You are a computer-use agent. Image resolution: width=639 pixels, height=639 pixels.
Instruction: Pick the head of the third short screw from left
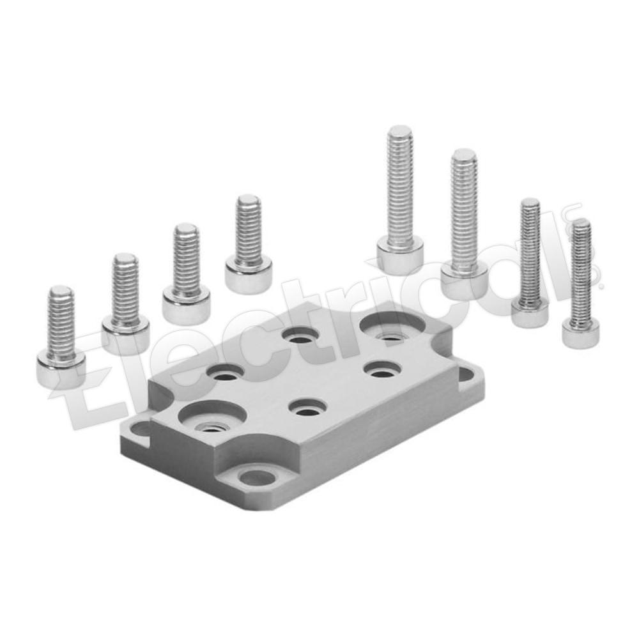(186, 304)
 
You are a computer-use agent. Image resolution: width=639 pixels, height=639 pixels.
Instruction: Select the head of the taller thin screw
(530, 314)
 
